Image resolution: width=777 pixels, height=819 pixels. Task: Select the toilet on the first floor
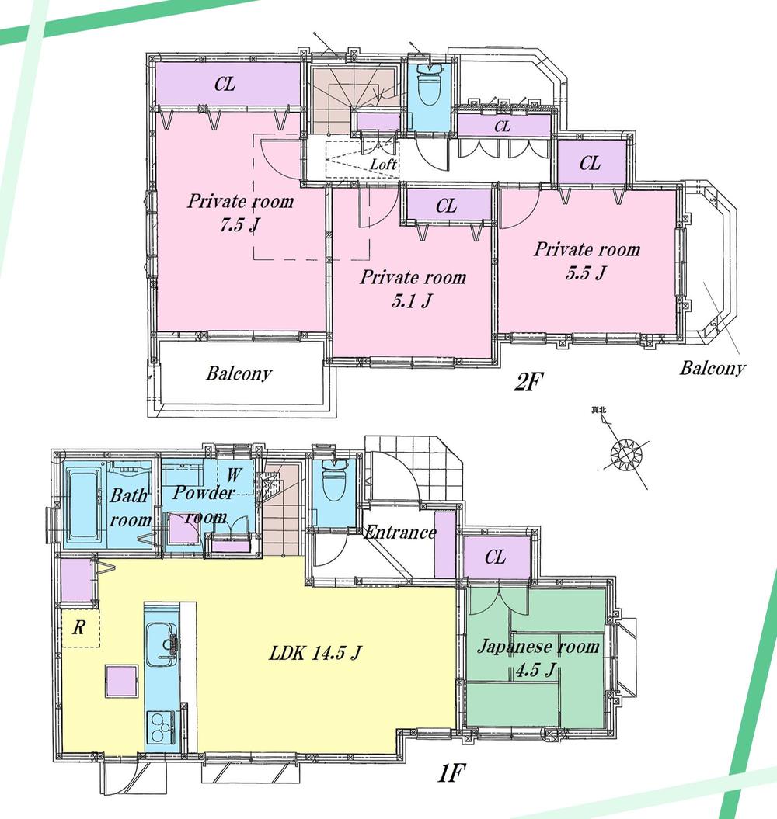(333, 478)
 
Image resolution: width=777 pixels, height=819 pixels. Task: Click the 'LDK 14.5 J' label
(314, 654)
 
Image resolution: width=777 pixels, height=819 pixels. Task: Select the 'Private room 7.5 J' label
(240, 213)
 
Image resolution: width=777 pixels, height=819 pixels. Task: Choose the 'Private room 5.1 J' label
(413, 288)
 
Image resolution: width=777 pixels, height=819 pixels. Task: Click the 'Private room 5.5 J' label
(587, 260)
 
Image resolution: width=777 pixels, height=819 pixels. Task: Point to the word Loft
(383, 165)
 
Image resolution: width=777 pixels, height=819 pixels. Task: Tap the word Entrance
(400, 533)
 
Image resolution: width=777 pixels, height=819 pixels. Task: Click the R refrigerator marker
(78, 628)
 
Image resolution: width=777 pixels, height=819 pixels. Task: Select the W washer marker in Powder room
(233, 473)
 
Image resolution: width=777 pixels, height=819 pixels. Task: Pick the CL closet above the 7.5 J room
(225, 85)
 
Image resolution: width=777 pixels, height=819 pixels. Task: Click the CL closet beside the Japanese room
(495, 557)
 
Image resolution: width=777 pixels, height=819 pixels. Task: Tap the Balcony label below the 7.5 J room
(239, 373)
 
